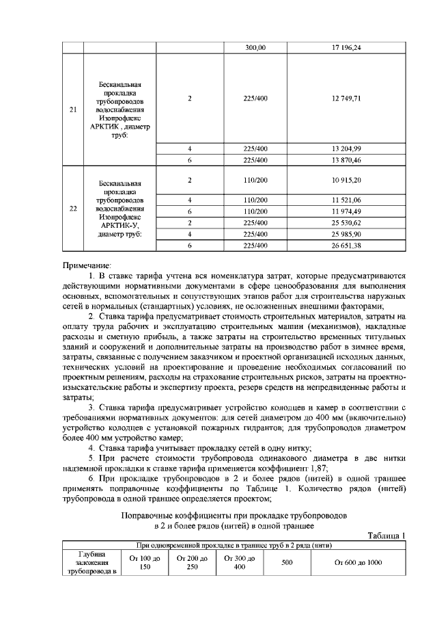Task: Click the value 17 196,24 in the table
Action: pyautogui.click(x=346, y=48)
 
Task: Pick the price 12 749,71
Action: pyautogui.click(x=346, y=98)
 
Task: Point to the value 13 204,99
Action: pyautogui.click(x=346, y=148)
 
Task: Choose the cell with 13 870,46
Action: pyautogui.click(x=346, y=159)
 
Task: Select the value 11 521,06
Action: pyautogui.click(x=346, y=199)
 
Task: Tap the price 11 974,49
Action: pyautogui.click(x=346, y=211)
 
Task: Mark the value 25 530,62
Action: pyautogui.click(x=346, y=222)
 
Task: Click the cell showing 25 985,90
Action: pyautogui.click(x=346, y=233)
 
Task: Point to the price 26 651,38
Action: pyautogui.click(x=346, y=245)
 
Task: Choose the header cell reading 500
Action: pyautogui.click(x=287, y=562)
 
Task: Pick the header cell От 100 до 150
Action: pyautogui.click(x=141, y=562)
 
